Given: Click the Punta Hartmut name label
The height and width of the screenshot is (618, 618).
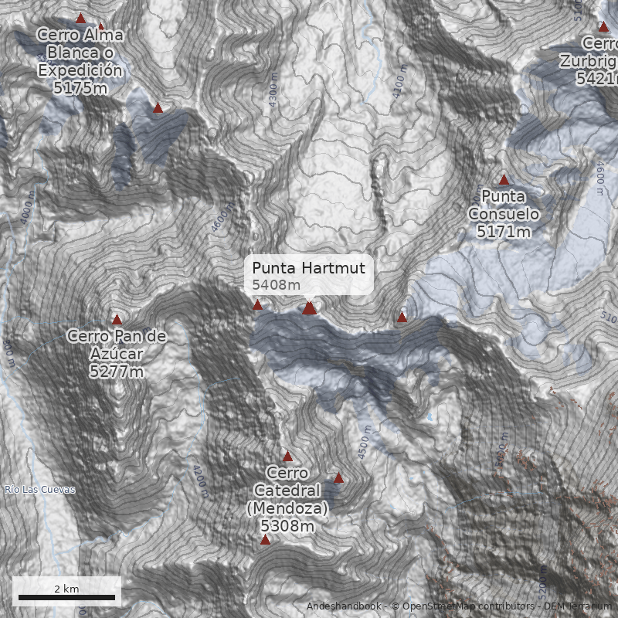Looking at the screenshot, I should coord(308,268).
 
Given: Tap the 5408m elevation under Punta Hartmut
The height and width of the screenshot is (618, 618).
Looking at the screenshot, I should coord(276,285).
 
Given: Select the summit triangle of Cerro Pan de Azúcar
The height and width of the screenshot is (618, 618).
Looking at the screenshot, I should coord(117,319).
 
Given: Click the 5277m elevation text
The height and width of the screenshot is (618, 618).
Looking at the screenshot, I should coord(117,372).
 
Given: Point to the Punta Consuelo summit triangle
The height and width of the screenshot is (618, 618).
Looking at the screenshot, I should coord(504,180).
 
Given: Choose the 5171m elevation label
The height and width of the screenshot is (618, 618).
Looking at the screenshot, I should coord(504,231).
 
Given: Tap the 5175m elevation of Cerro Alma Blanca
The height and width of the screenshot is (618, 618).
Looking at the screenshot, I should coord(80,87).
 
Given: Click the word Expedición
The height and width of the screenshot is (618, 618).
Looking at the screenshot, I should coord(80,70).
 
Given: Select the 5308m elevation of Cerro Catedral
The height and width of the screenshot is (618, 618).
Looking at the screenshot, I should coord(287,527).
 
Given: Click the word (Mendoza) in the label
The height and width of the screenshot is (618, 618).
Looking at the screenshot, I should coord(287,509).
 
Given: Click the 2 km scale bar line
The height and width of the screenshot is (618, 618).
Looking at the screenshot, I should coord(66,597).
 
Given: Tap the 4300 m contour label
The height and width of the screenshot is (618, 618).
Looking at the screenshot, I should coord(273,100).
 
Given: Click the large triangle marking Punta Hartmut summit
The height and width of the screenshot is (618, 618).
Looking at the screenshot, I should coord(310,309).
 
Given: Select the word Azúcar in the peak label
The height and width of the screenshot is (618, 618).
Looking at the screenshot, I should coord(117,354).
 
